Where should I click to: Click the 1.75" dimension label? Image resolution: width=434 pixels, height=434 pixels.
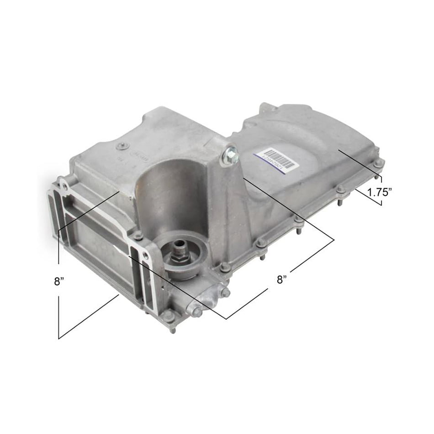pyautogui.click(x=381, y=192)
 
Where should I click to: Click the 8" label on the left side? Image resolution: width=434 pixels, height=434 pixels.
pyautogui.click(x=58, y=281)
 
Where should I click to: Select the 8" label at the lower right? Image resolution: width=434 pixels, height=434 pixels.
pyautogui.click(x=281, y=280)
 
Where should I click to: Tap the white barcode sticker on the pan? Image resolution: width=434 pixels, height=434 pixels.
pyautogui.click(x=276, y=159)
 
